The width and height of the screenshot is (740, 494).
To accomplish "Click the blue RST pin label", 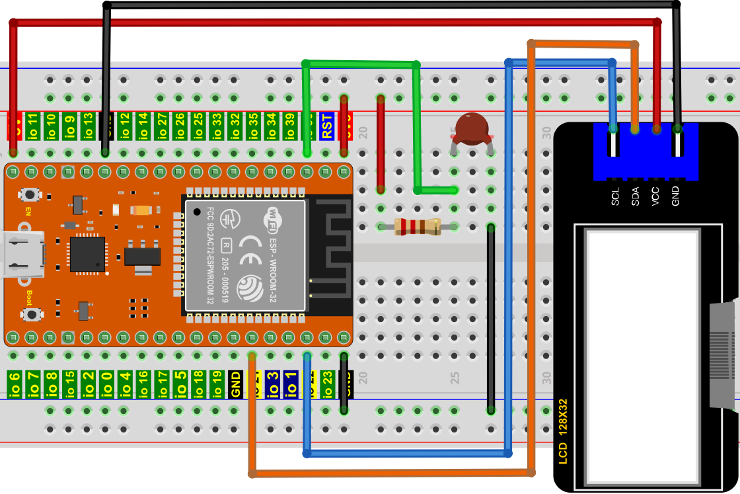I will pos(326,126).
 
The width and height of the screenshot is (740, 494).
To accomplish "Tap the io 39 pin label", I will pos(289,126).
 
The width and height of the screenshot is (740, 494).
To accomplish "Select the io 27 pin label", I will pos(161,126).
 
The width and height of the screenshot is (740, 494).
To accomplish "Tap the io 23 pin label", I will pos(326,384).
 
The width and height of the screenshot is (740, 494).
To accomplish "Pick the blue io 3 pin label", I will pos(271,384).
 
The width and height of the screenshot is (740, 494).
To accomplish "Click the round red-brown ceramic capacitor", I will pos(472,129).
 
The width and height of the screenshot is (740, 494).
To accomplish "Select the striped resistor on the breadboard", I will pos(417,227).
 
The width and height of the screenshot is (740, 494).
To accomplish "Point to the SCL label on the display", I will pos(615,198).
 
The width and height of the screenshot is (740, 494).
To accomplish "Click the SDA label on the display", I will pos(635,198).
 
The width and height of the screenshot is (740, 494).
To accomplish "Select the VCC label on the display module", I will pos(655,198).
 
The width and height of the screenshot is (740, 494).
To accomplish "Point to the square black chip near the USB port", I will pos(87,255).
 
